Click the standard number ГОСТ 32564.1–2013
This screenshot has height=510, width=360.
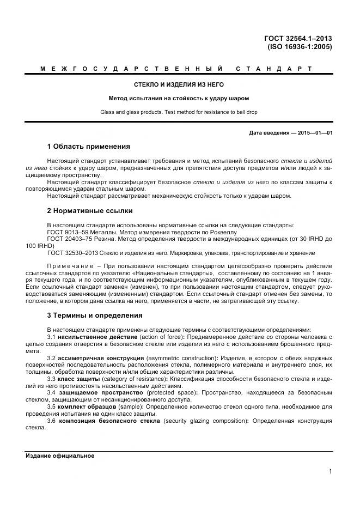(x=298, y=38)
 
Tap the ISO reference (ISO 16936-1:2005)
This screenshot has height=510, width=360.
(x=300, y=47)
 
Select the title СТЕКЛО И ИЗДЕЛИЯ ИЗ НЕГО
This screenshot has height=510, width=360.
(x=179, y=85)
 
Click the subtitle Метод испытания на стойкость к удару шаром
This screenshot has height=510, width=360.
(x=179, y=99)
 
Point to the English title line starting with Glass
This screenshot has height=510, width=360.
(x=179, y=112)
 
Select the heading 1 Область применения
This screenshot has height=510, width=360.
(x=89, y=147)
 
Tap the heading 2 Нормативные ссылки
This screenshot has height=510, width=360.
(x=90, y=210)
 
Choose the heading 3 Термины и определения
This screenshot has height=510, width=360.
(x=95, y=315)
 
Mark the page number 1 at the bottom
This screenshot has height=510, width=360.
(x=330, y=472)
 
